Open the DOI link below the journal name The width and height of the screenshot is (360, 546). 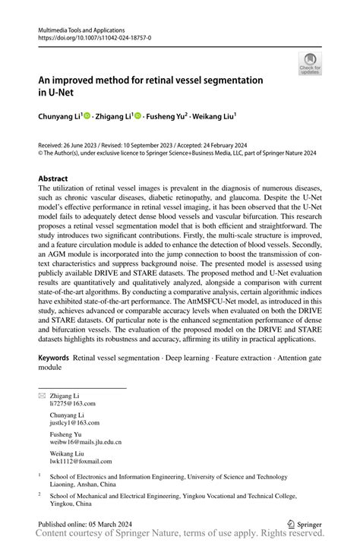[94, 37]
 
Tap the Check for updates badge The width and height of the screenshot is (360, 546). [309, 64]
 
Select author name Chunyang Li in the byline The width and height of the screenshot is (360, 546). [61, 116]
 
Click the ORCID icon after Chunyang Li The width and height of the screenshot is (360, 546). [88, 116]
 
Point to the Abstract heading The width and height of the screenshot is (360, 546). [58, 178]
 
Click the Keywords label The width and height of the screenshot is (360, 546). [55, 357]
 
